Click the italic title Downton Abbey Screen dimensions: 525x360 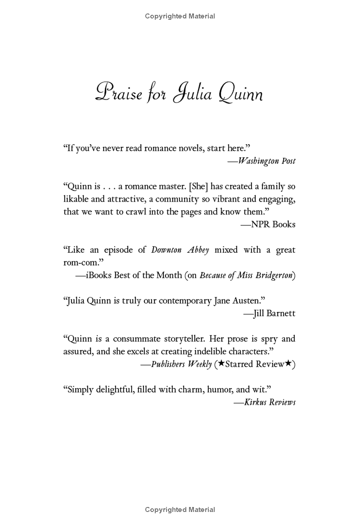(x=180, y=250)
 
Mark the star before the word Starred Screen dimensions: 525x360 (x=221, y=364)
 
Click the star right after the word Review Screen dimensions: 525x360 (x=288, y=364)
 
